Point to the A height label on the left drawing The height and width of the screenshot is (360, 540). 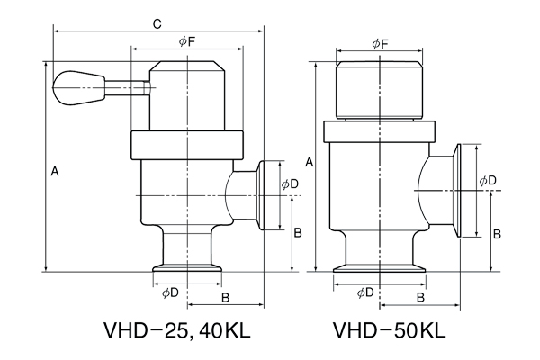(55, 170)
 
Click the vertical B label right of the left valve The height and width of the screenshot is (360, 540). (298, 232)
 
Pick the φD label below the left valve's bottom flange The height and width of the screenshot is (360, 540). (169, 292)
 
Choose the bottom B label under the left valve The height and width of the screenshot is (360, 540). (226, 298)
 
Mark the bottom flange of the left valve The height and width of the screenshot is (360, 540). (186, 266)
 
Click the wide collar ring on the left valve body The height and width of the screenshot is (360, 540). (186, 145)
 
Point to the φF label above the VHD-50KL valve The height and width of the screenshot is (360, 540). (380, 43)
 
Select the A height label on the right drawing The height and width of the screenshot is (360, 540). (310, 162)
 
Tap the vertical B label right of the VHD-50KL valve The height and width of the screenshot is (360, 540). (496, 233)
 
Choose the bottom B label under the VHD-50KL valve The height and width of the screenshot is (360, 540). (420, 298)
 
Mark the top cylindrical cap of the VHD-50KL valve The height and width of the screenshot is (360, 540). (380, 89)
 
